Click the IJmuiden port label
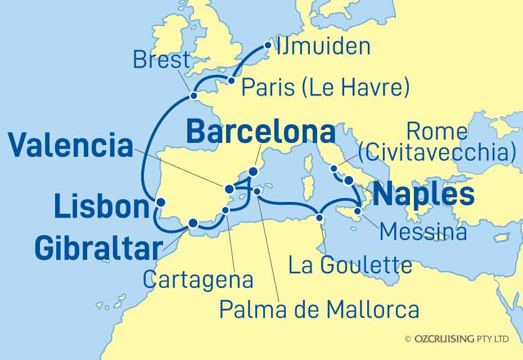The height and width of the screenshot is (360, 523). tap(323, 47)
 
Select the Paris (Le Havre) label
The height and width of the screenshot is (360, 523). tap(324, 88)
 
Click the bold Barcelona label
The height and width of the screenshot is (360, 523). tap(260, 133)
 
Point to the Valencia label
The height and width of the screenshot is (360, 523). tap(71, 147)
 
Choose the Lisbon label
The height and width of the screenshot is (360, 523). tap(102, 208)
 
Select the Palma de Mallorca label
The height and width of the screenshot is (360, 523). tap(319, 308)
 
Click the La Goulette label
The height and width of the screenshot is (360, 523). tap(350, 265)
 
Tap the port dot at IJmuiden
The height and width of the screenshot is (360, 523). tap(268, 46)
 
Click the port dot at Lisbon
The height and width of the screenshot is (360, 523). tap(160, 202)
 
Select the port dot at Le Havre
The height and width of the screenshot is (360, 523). tap(231, 81)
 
